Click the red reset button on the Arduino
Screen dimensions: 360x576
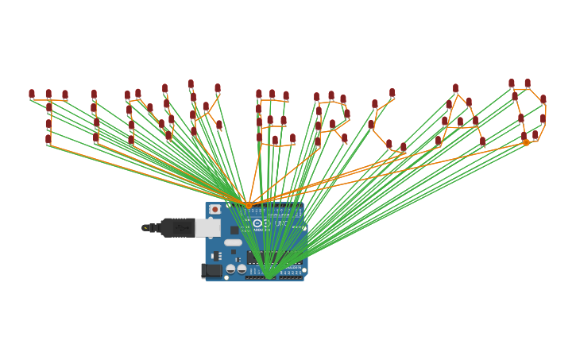pos(215,210)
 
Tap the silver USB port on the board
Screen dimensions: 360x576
pos(207,228)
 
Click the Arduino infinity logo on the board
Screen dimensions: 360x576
pos(257,223)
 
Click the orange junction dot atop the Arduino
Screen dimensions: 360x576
pos(249,205)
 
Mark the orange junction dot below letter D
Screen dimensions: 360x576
pos(526,143)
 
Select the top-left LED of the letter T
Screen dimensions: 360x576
pos(32,94)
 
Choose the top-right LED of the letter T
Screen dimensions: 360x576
pos(65,95)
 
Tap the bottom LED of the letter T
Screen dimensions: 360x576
pos(48,139)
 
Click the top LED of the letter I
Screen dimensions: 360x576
pos(94,94)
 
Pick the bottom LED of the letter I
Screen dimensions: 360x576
pos(96,137)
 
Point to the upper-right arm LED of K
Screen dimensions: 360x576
pos(218,88)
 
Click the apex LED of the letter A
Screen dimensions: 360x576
pos(455,88)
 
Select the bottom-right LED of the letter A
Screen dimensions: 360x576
pos(482,141)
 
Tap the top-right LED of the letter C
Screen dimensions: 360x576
pos(392,93)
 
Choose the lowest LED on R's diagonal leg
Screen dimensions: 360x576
pos(345,138)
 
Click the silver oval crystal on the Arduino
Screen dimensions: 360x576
pos(233,242)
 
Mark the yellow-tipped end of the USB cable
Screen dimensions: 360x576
pos(145,228)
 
